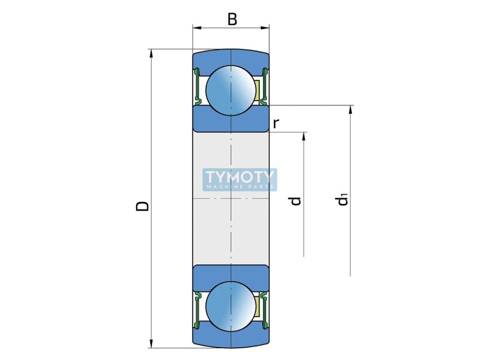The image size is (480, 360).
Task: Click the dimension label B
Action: pos(232,19)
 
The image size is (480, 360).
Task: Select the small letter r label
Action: pos(276,124)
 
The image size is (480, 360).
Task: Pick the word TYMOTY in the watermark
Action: pos(240,177)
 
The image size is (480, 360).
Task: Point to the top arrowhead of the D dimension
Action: pos(151,53)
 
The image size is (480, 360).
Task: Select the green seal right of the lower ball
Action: pos(265,307)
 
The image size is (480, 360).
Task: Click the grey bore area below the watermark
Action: pos(231,225)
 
